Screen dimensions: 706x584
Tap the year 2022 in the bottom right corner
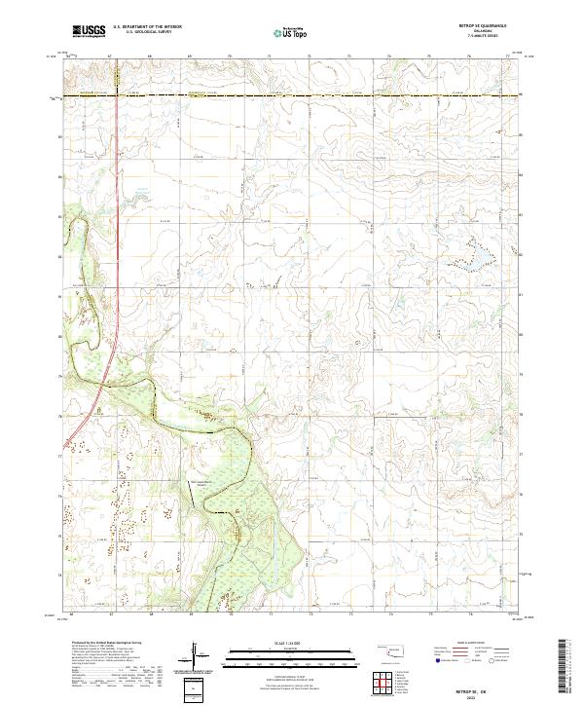point(483,695)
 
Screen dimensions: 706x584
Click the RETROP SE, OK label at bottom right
point(483,687)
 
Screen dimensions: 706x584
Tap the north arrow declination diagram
point(194,654)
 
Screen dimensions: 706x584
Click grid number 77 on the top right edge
point(508,56)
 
